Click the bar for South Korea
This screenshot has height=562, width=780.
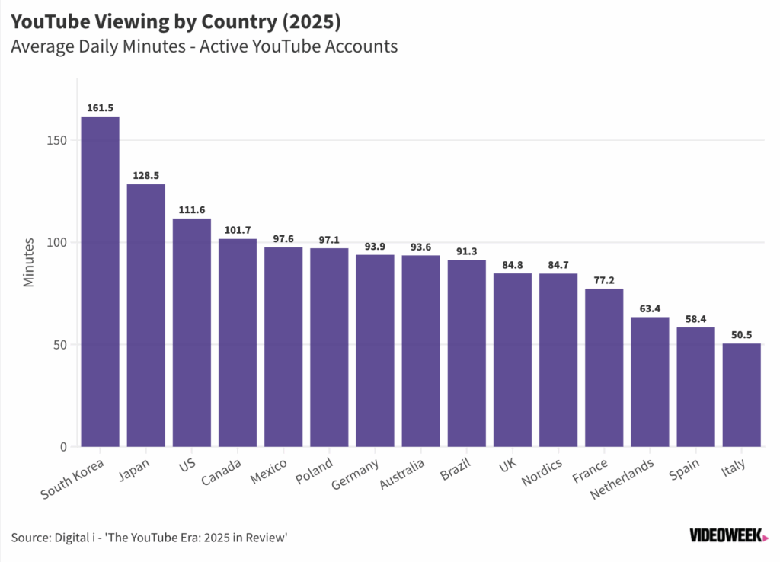point(100,282)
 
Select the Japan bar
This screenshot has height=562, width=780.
point(145,315)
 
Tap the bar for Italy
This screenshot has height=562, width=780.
point(741,395)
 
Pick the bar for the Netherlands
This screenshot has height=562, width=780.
point(650,382)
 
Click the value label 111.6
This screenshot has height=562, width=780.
point(191,210)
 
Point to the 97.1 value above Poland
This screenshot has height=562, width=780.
point(329,240)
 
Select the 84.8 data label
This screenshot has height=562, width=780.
point(513,265)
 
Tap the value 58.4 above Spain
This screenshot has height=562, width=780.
point(695,319)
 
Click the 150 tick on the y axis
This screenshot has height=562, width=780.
point(56,140)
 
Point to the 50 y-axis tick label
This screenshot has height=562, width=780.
point(59,345)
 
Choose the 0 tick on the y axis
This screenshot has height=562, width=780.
point(63,446)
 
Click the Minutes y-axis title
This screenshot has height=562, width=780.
point(29,262)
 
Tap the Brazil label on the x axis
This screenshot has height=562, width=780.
point(456,469)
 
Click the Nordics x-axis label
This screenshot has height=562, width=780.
point(542,471)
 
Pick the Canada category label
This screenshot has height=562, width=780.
point(221,471)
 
